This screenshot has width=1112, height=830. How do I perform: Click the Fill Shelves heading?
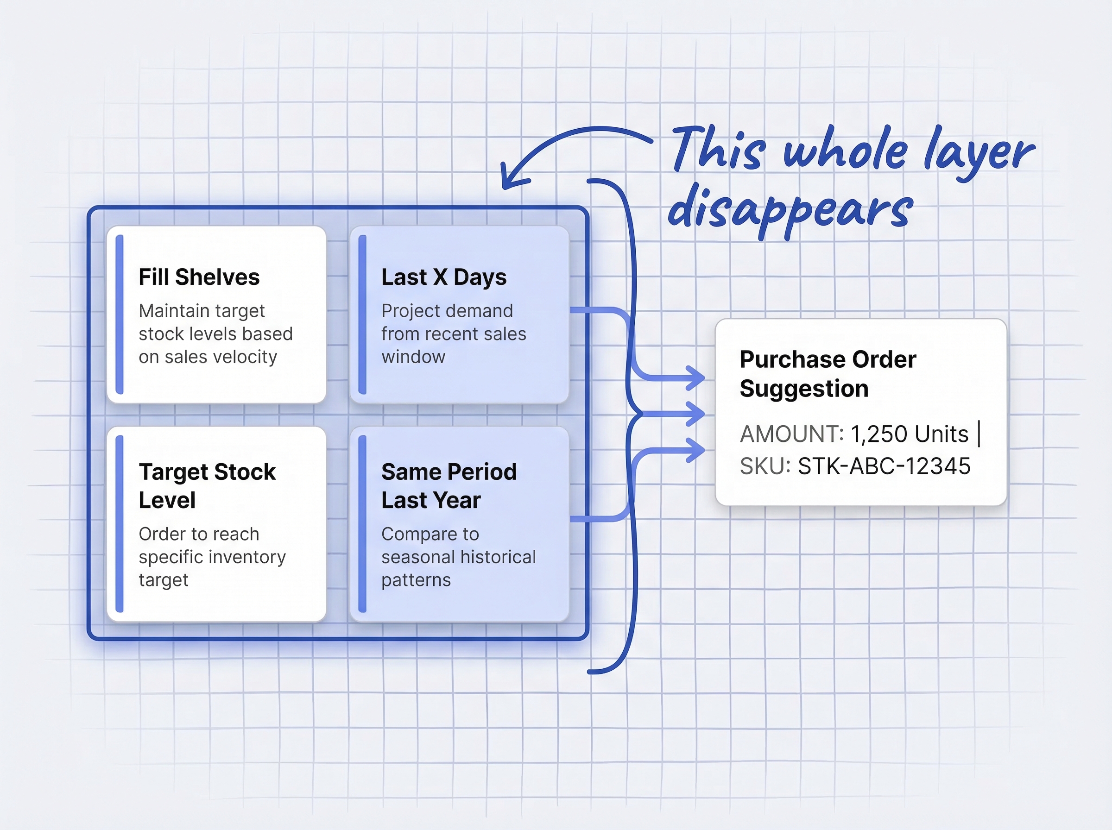coord(199,277)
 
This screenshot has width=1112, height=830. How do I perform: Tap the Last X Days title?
coord(444,277)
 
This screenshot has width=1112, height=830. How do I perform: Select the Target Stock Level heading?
coord(207,485)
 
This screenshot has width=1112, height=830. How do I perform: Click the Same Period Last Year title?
coord(449,485)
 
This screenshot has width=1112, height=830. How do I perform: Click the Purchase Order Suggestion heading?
coord(828,374)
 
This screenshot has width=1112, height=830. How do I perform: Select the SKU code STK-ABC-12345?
coord(884,466)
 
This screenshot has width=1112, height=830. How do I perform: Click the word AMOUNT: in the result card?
coord(791,434)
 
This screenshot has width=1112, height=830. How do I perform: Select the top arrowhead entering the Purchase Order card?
coord(696,378)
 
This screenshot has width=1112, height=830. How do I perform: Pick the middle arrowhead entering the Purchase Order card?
coord(696,414)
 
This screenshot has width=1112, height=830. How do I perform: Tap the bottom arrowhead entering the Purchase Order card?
coord(696,450)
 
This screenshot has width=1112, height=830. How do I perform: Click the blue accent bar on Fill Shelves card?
coord(120,314)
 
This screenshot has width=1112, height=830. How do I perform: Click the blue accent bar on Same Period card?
coord(362,524)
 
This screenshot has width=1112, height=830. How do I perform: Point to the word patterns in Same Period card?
coord(416,580)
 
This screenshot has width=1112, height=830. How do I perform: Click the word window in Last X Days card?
coord(413,357)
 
